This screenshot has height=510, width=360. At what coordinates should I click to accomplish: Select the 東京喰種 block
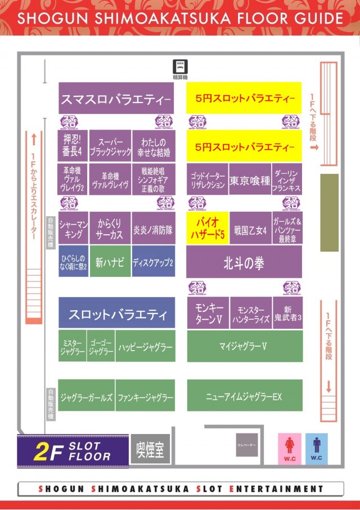[250, 181]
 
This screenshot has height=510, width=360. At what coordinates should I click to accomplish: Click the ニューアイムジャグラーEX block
[244, 396]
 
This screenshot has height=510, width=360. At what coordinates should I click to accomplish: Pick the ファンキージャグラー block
[145, 397]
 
